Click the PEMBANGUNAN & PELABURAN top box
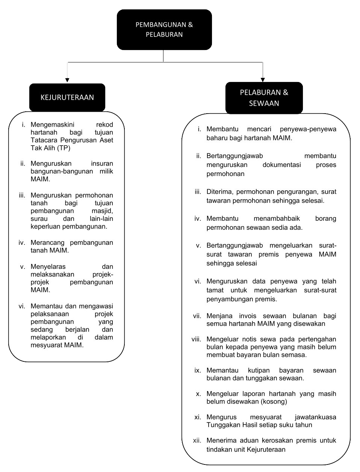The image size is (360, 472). [x=164, y=30]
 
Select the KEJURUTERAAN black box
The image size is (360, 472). [x=67, y=97]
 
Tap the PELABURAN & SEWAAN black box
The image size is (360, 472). [x=264, y=98]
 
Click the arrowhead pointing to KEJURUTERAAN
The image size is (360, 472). [x=67, y=80]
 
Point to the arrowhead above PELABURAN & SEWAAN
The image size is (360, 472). [x=263, y=79]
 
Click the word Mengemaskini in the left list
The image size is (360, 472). [x=52, y=124]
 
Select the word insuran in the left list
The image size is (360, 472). [x=102, y=164]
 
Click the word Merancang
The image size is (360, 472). [x=48, y=243]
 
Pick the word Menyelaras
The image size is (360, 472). [x=48, y=267]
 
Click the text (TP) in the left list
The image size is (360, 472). [x=64, y=148]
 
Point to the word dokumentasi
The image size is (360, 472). [x=281, y=165]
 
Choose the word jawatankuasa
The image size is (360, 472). [x=316, y=417]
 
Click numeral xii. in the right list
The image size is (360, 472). [x=197, y=440]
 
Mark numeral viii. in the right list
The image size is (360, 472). [x=196, y=339]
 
